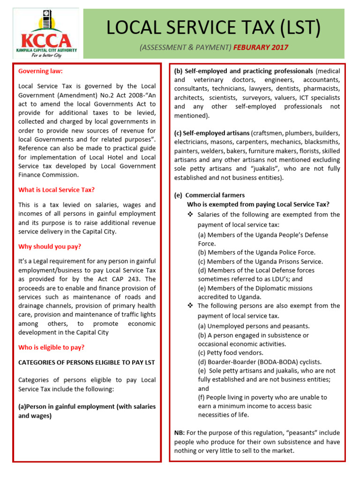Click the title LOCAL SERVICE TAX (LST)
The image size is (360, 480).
click(x=213, y=28)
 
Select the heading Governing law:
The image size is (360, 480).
click(x=40, y=71)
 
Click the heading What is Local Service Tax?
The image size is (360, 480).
click(x=56, y=190)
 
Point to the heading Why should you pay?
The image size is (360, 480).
click(x=50, y=247)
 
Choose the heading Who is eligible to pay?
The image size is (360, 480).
click(x=51, y=347)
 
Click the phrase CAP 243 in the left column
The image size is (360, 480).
click(x=129, y=279)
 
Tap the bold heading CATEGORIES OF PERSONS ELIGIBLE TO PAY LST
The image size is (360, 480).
click(x=86, y=362)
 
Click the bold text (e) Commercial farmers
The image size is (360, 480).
click(x=210, y=195)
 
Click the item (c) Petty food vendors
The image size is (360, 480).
click(x=231, y=352)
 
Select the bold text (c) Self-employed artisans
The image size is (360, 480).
click(x=211, y=133)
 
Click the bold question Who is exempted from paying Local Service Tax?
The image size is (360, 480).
click(x=258, y=204)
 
